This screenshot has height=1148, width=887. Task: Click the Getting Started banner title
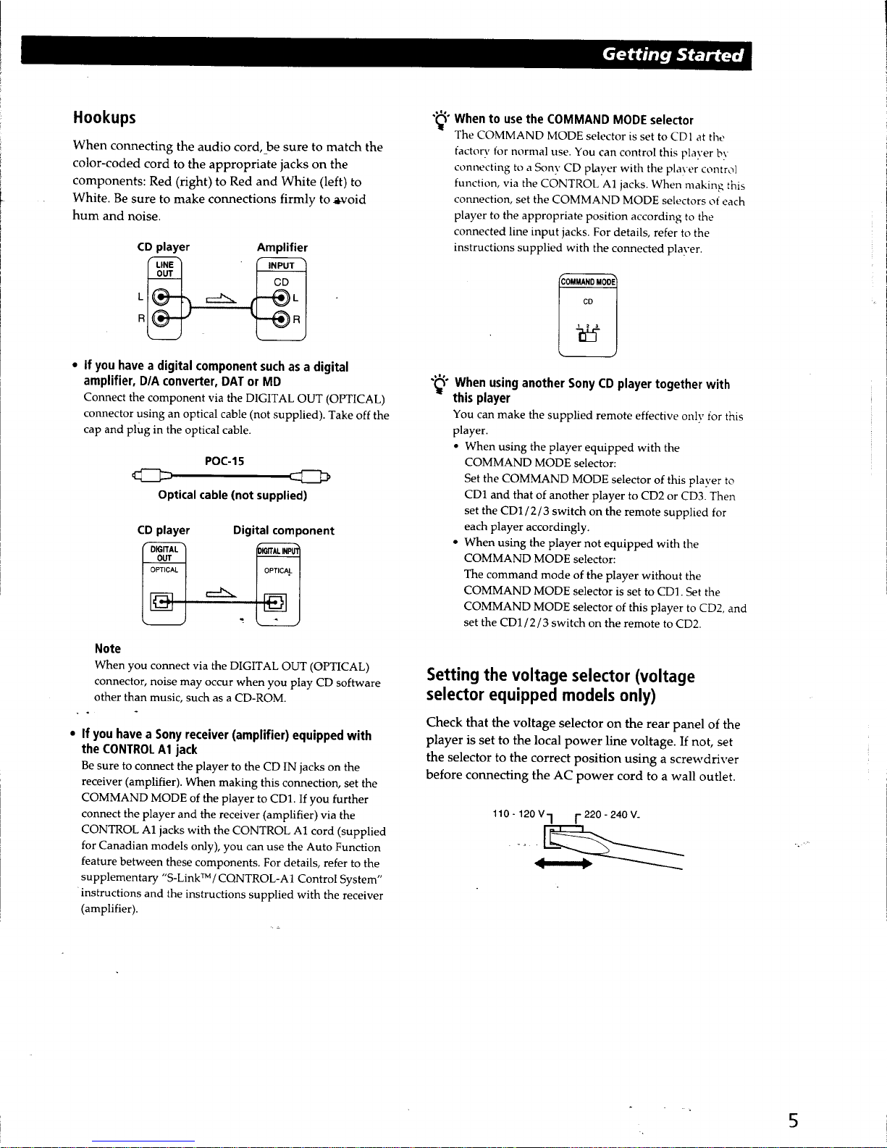673,55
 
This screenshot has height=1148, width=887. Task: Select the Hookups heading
104,117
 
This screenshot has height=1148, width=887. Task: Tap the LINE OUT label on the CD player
164,269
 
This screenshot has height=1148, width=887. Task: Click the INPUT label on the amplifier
281,266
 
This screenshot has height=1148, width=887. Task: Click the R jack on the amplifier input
279,319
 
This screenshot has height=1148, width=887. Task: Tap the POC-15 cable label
224,461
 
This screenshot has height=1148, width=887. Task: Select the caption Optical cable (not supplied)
232,495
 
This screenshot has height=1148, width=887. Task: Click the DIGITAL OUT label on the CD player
164,553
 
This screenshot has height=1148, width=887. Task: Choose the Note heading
107,648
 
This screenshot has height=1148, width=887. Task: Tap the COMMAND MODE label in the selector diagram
587,282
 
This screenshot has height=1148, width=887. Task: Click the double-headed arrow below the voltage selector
563,863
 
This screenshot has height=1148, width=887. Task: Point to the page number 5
794,1120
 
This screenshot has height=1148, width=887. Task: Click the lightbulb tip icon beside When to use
440,120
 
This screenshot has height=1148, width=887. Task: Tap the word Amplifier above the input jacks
282,247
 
